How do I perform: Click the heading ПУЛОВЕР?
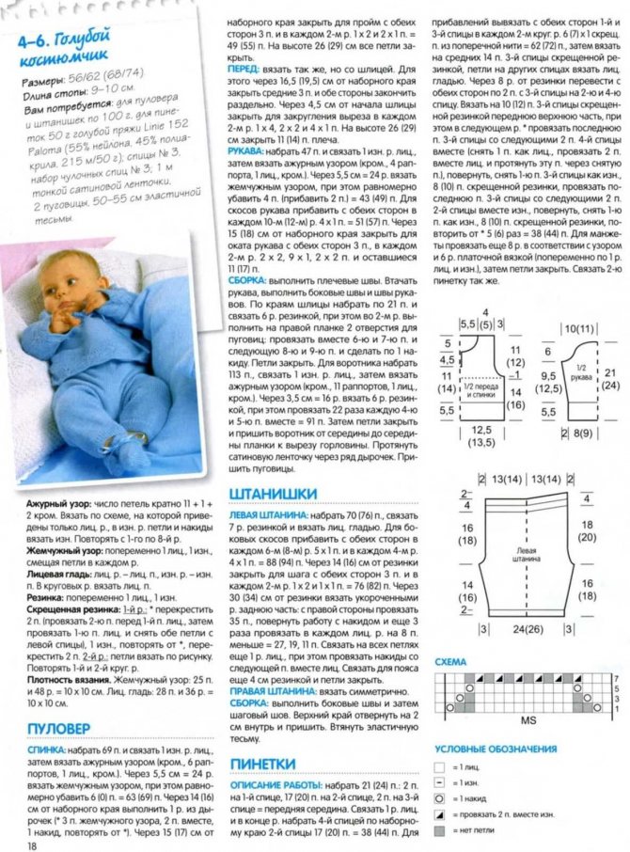click(58, 729)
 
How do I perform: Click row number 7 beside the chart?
click(616, 676)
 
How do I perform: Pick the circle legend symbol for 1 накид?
click(439, 798)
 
